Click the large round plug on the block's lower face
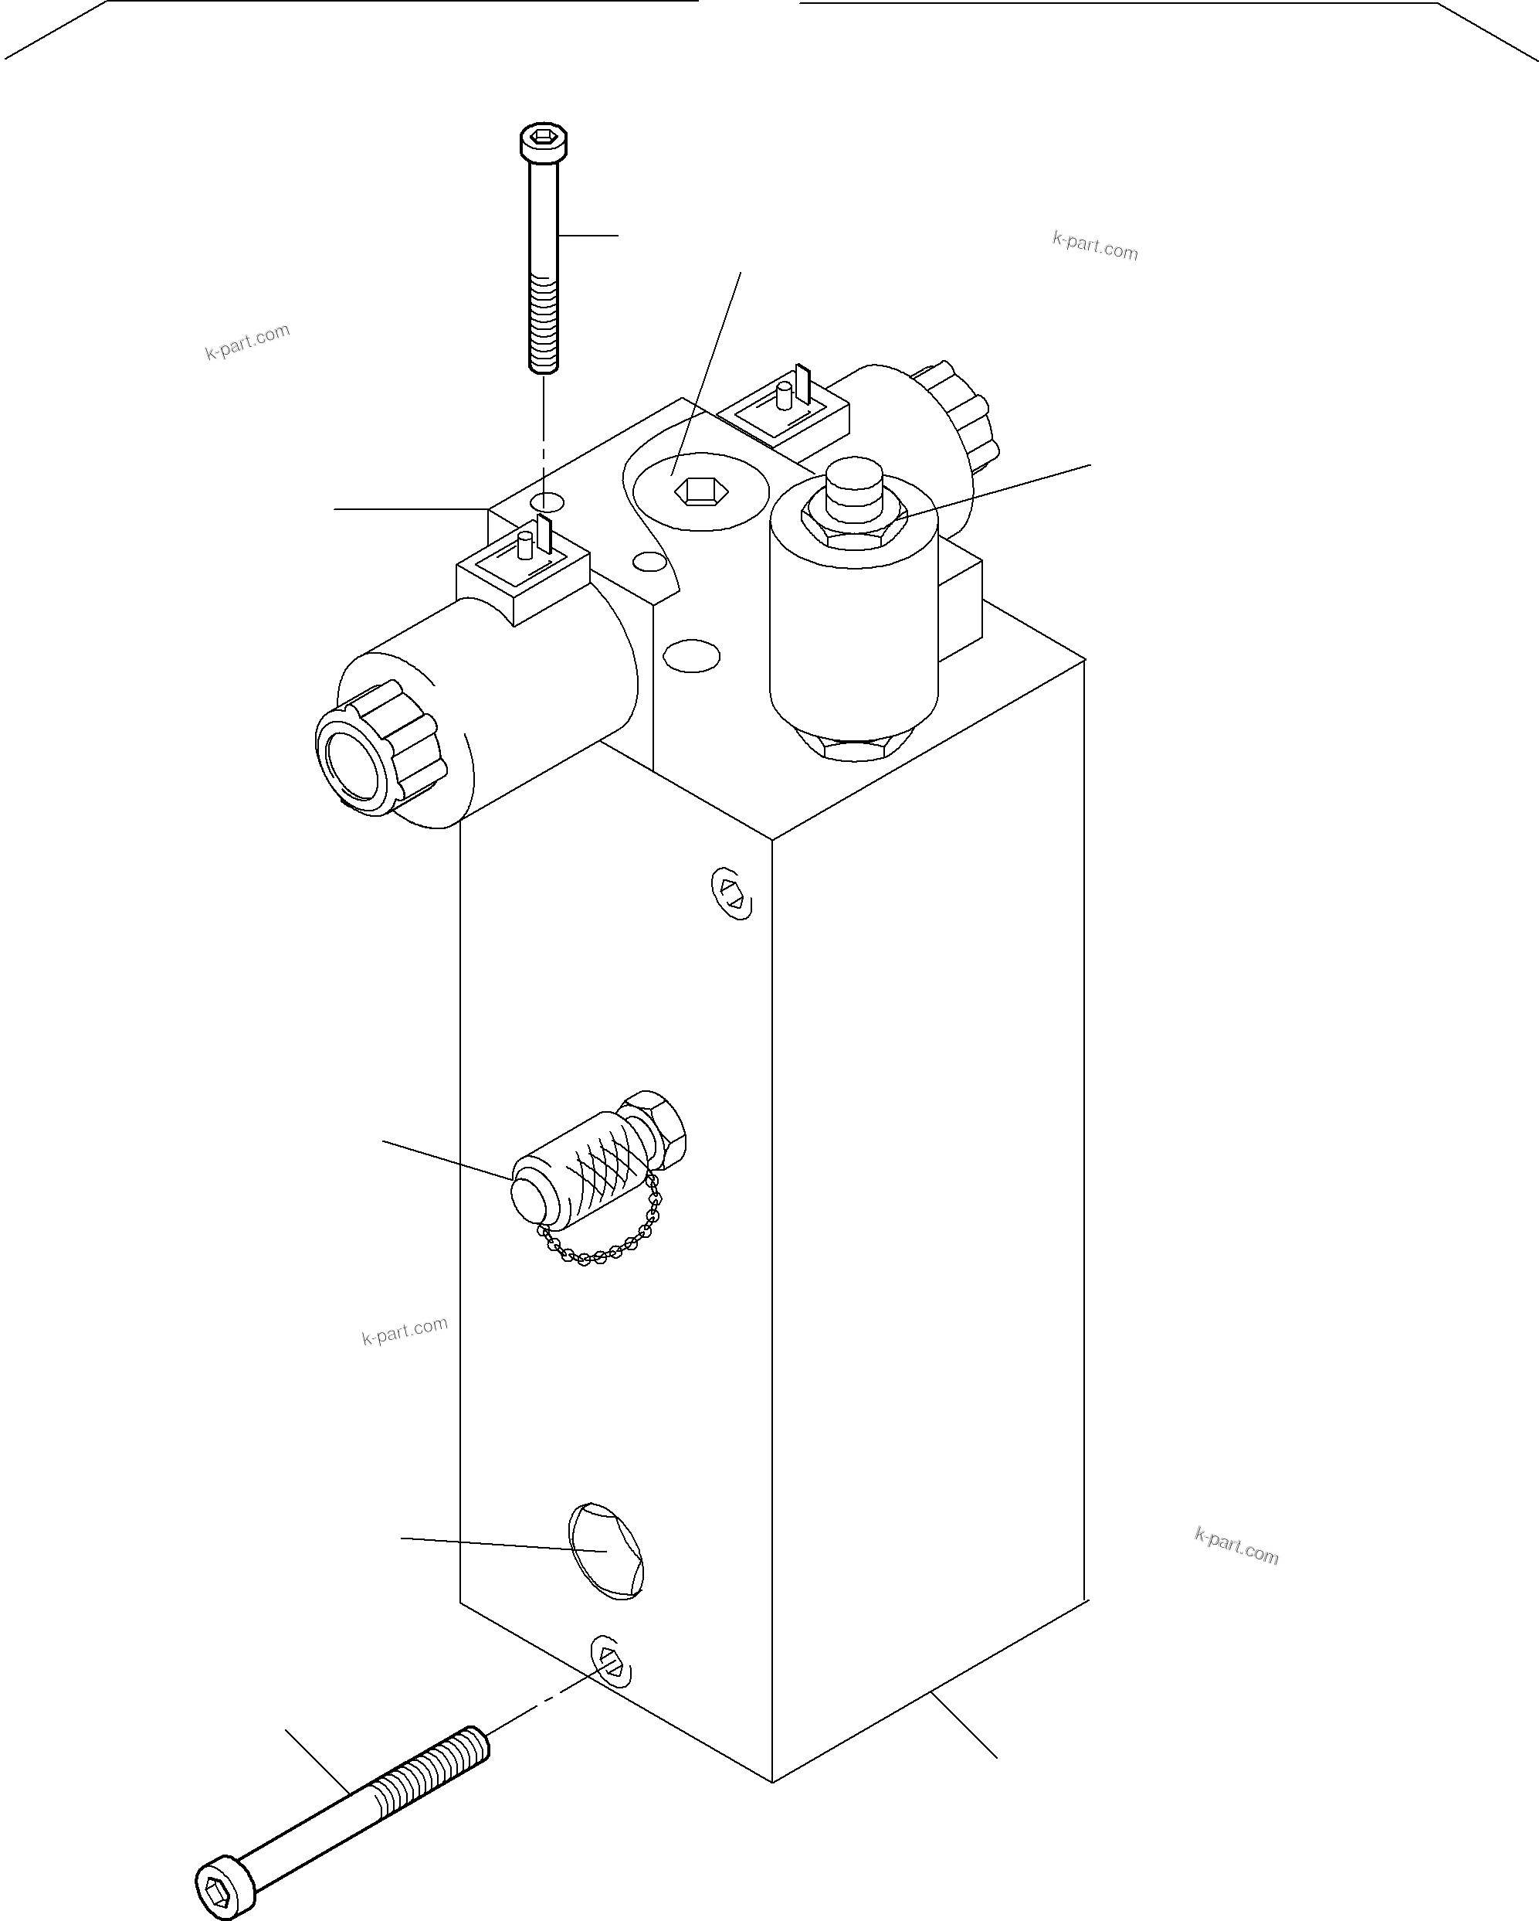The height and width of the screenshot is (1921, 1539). [x=606, y=1550]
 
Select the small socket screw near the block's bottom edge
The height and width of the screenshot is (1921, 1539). [x=611, y=1661]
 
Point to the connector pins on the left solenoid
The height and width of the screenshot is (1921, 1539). [x=534, y=543]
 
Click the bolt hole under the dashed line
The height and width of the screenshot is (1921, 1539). [x=547, y=501]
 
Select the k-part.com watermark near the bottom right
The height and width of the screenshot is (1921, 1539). [x=1236, y=1546]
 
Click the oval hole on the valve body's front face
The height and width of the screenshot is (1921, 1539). [x=692, y=657]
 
